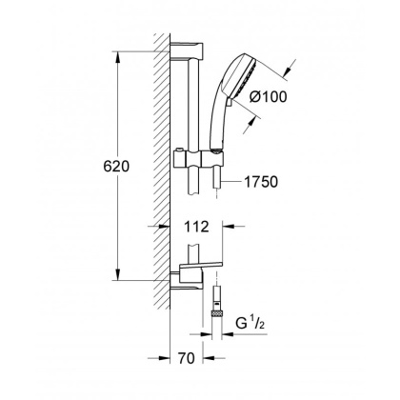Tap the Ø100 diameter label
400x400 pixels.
(296, 95)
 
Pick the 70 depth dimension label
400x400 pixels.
(192, 361)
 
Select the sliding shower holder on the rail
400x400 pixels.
(196, 155)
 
